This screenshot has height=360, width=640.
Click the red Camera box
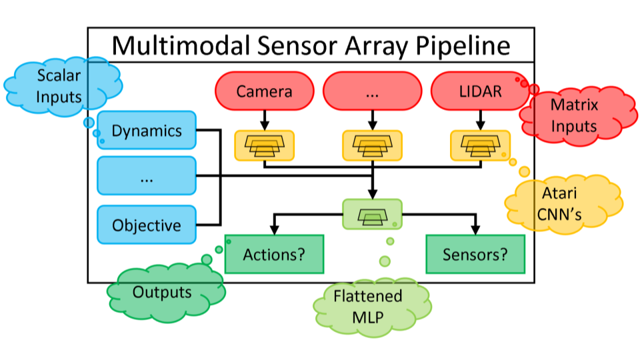pos(264,91)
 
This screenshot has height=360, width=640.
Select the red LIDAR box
pos(480,91)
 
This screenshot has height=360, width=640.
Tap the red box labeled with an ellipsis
pos(372,91)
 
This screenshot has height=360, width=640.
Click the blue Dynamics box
pos(147,131)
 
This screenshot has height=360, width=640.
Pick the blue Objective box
pos(147,225)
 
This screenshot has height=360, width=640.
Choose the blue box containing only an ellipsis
pos(147,177)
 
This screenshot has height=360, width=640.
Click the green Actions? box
pos(274,254)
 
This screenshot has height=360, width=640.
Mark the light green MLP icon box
pos(372,215)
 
